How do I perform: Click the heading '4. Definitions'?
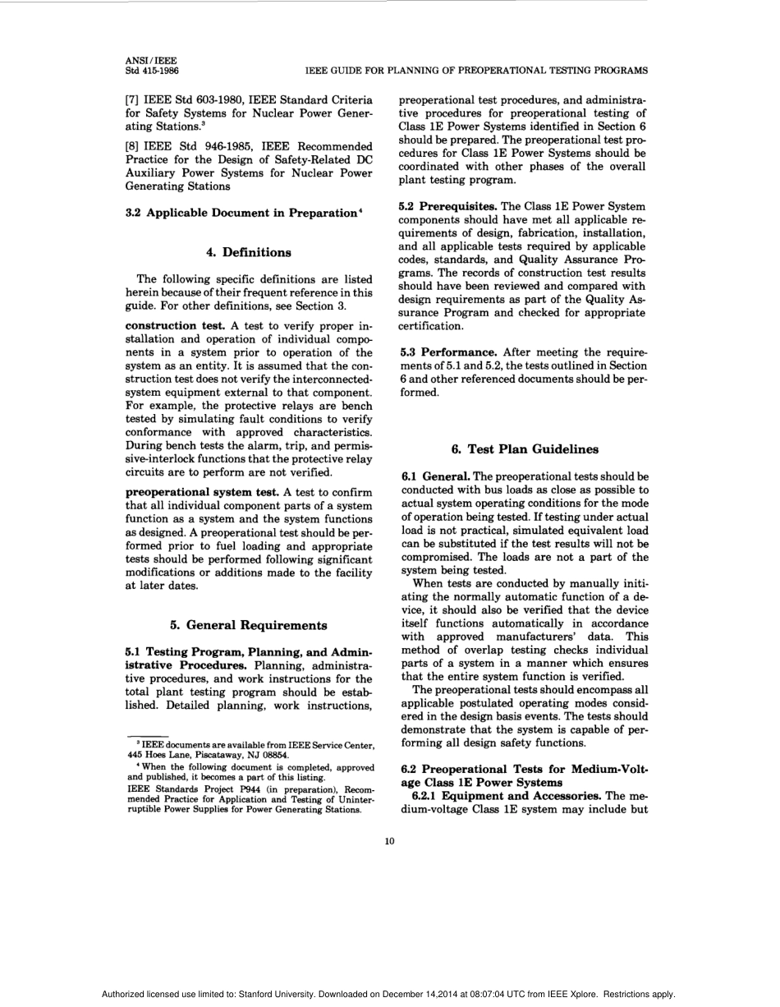(248, 252)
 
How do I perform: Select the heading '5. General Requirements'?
(248, 625)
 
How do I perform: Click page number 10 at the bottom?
(389, 840)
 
